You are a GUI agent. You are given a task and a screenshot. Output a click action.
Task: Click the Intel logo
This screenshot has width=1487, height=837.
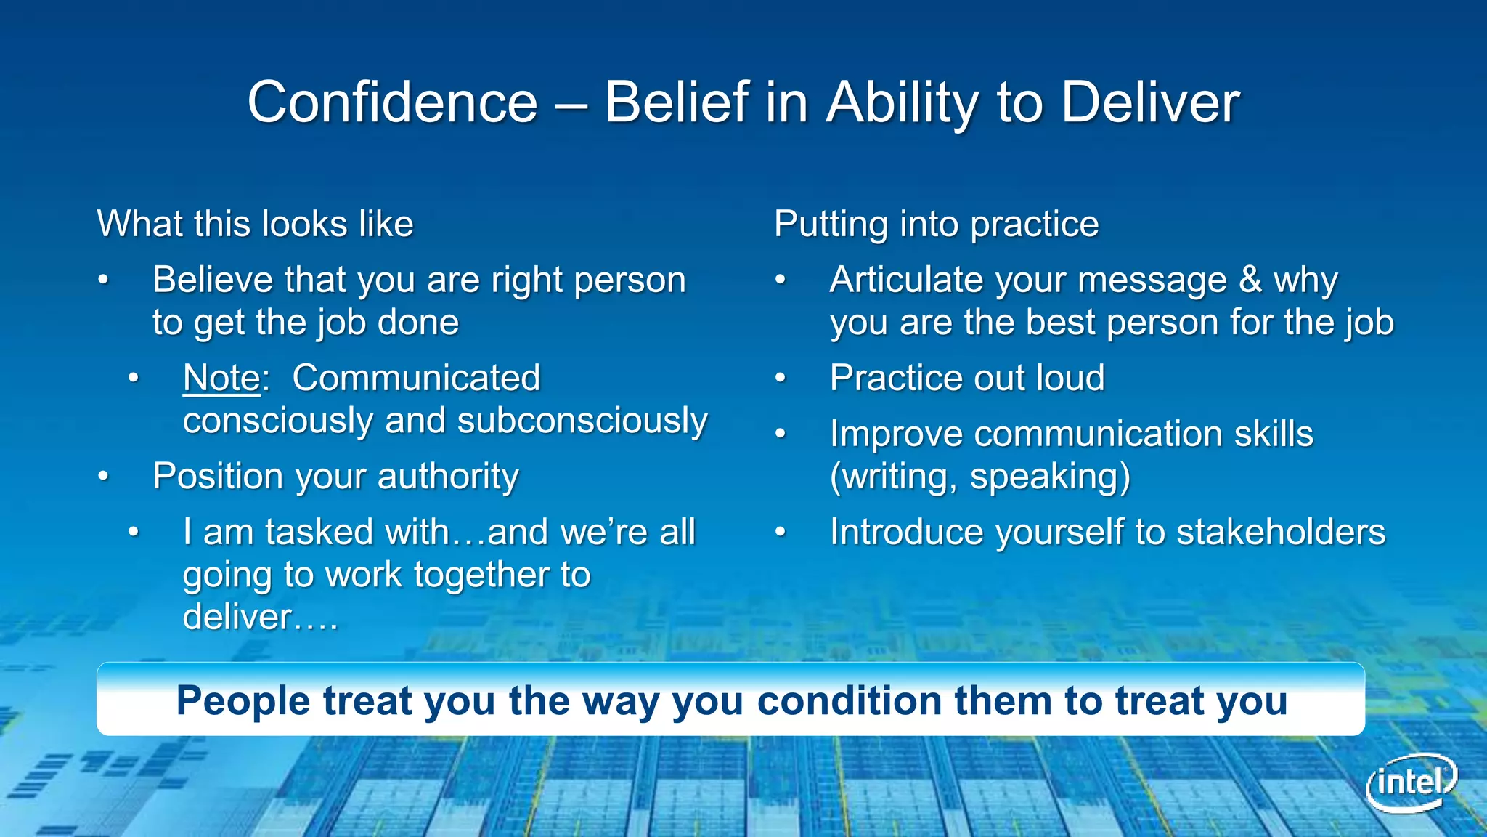pyautogui.click(x=1411, y=783)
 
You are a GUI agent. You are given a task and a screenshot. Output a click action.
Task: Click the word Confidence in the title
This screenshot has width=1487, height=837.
pyautogui.click(x=392, y=102)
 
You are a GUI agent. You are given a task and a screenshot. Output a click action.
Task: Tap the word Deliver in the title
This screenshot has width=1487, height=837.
pyautogui.click(x=1150, y=102)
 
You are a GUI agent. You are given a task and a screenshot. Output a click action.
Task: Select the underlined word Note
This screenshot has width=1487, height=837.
pyautogui.click(x=221, y=378)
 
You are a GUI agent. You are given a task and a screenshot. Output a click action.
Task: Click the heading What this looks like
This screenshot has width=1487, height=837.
pyautogui.click(x=255, y=224)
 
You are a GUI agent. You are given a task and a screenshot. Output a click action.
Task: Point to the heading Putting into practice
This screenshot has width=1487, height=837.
pyautogui.click(x=936, y=224)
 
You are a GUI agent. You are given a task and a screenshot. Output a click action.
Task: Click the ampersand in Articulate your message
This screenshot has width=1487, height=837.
pyautogui.click(x=1250, y=280)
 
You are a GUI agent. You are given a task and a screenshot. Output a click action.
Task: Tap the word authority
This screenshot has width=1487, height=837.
pyautogui.click(x=448, y=477)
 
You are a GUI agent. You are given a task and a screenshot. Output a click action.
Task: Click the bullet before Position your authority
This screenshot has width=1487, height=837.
pyautogui.click(x=104, y=477)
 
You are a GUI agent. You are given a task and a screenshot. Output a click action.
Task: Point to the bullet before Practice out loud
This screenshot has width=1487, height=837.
pyautogui.click(x=781, y=378)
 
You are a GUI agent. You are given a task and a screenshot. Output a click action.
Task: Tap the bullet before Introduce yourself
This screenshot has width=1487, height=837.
pyautogui.click(x=781, y=532)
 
